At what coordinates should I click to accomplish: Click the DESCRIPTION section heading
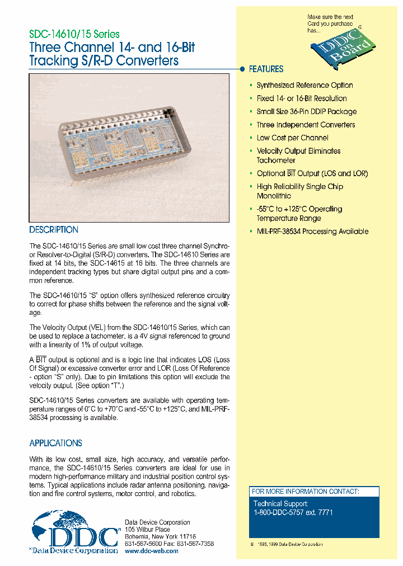(x=54, y=230)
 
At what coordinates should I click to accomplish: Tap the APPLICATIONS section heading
(x=55, y=443)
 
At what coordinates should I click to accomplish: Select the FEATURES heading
(x=266, y=69)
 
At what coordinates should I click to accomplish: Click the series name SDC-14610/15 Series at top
(x=74, y=34)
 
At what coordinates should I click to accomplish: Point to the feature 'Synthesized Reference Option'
(x=304, y=86)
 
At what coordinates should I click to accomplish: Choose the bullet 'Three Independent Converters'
(x=306, y=125)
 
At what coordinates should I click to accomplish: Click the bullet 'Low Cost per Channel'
(x=292, y=138)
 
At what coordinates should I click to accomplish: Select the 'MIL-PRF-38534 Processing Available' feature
(x=312, y=232)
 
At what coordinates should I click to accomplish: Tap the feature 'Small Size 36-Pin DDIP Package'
(x=306, y=112)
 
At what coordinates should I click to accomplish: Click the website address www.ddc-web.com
(x=151, y=551)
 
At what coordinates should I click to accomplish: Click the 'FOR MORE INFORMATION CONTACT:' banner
(x=305, y=492)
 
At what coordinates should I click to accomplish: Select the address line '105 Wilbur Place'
(x=147, y=529)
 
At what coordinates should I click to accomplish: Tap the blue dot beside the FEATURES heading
(x=242, y=69)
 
